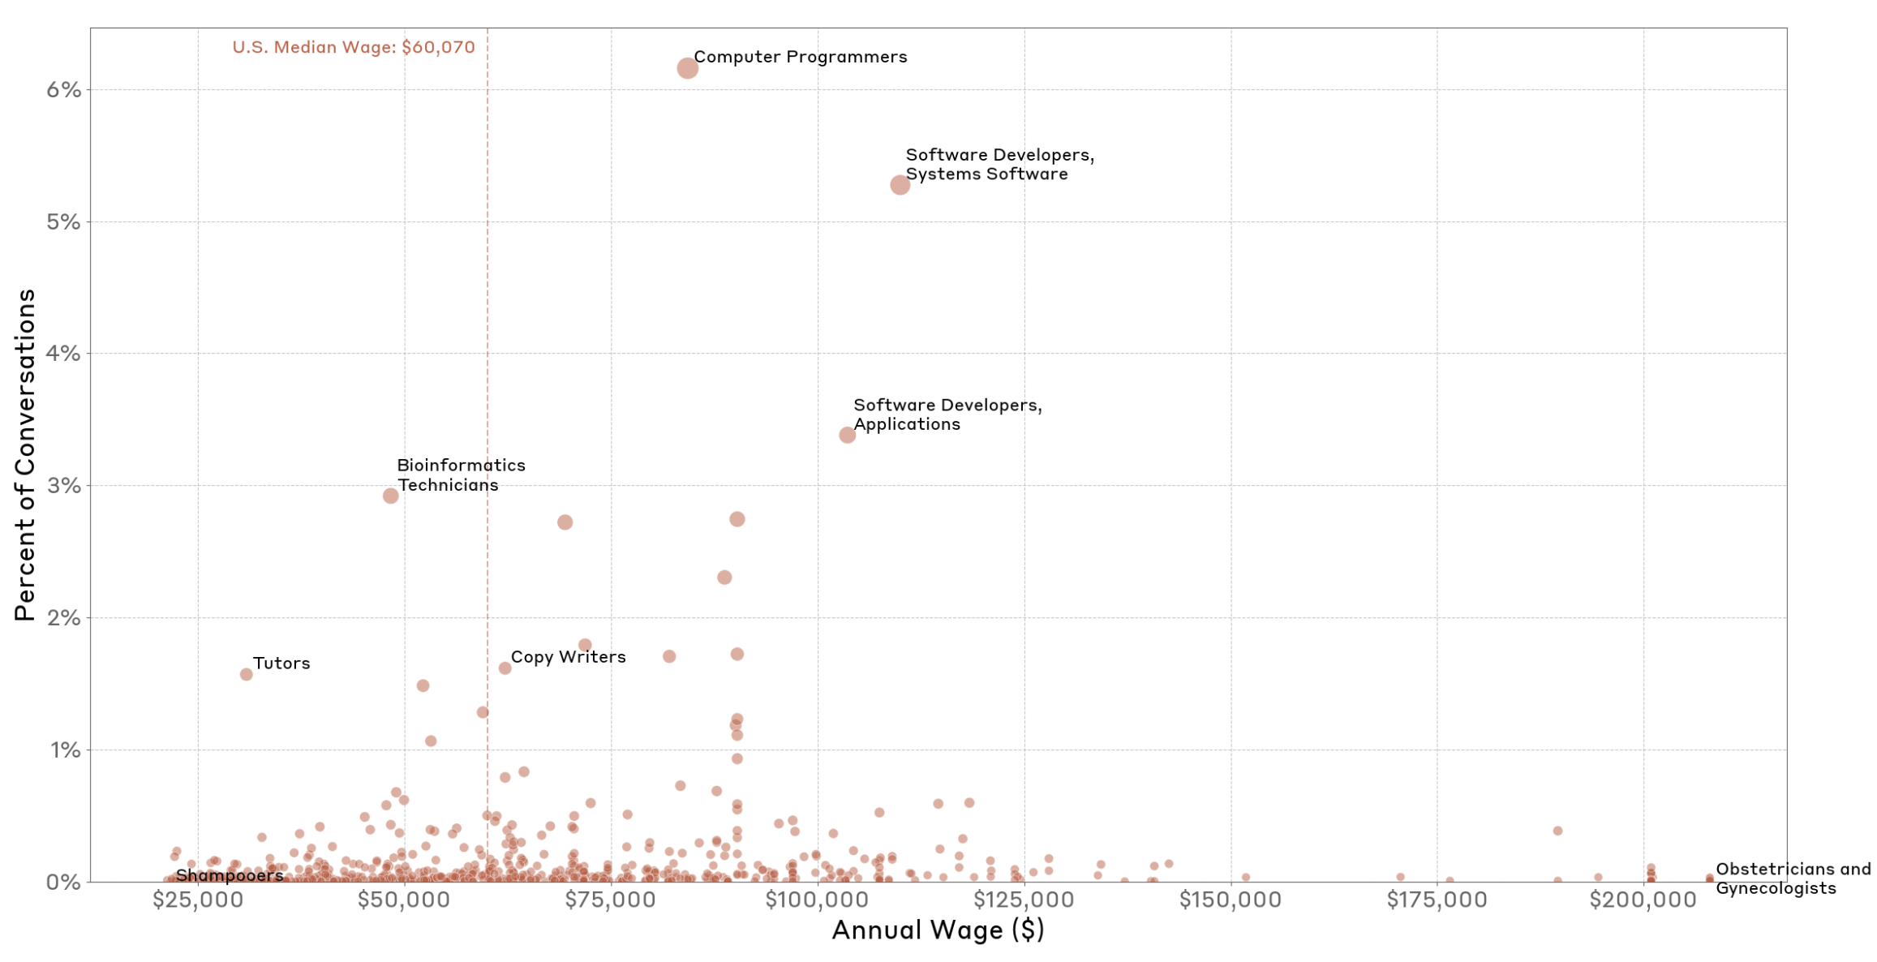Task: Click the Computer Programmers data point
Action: pyautogui.click(x=687, y=68)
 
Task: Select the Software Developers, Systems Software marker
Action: pyautogui.click(x=900, y=185)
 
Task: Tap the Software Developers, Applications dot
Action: pyautogui.click(x=847, y=436)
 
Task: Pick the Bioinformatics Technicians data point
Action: pyautogui.click(x=390, y=496)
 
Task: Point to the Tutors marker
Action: pyautogui.click(x=246, y=674)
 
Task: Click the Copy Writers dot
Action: pyautogui.click(x=505, y=668)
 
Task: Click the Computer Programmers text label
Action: pyautogui.click(x=800, y=57)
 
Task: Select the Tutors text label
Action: pyautogui.click(x=281, y=664)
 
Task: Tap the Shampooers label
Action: pyautogui.click(x=230, y=875)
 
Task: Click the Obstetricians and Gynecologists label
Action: pyautogui.click(x=1793, y=878)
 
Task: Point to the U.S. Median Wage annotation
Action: pyautogui.click(x=354, y=47)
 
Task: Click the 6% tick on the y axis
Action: pyautogui.click(x=63, y=89)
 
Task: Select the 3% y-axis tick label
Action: pyautogui.click(x=63, y=486)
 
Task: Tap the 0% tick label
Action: pyautogui.click(x=63, y=882)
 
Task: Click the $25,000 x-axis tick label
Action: pyautogui.click(x=198, y=900)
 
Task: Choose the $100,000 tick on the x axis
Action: pyautogui.click(x=817, y=900)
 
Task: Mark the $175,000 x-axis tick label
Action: pyautogui.click(x=1437, y=900)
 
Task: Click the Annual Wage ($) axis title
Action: pyautogui.click(x=938, y=930)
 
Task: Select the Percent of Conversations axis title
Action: pyautogui.click(x=25, y=454)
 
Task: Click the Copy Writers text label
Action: pyautogui.click(x=568, y=657)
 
